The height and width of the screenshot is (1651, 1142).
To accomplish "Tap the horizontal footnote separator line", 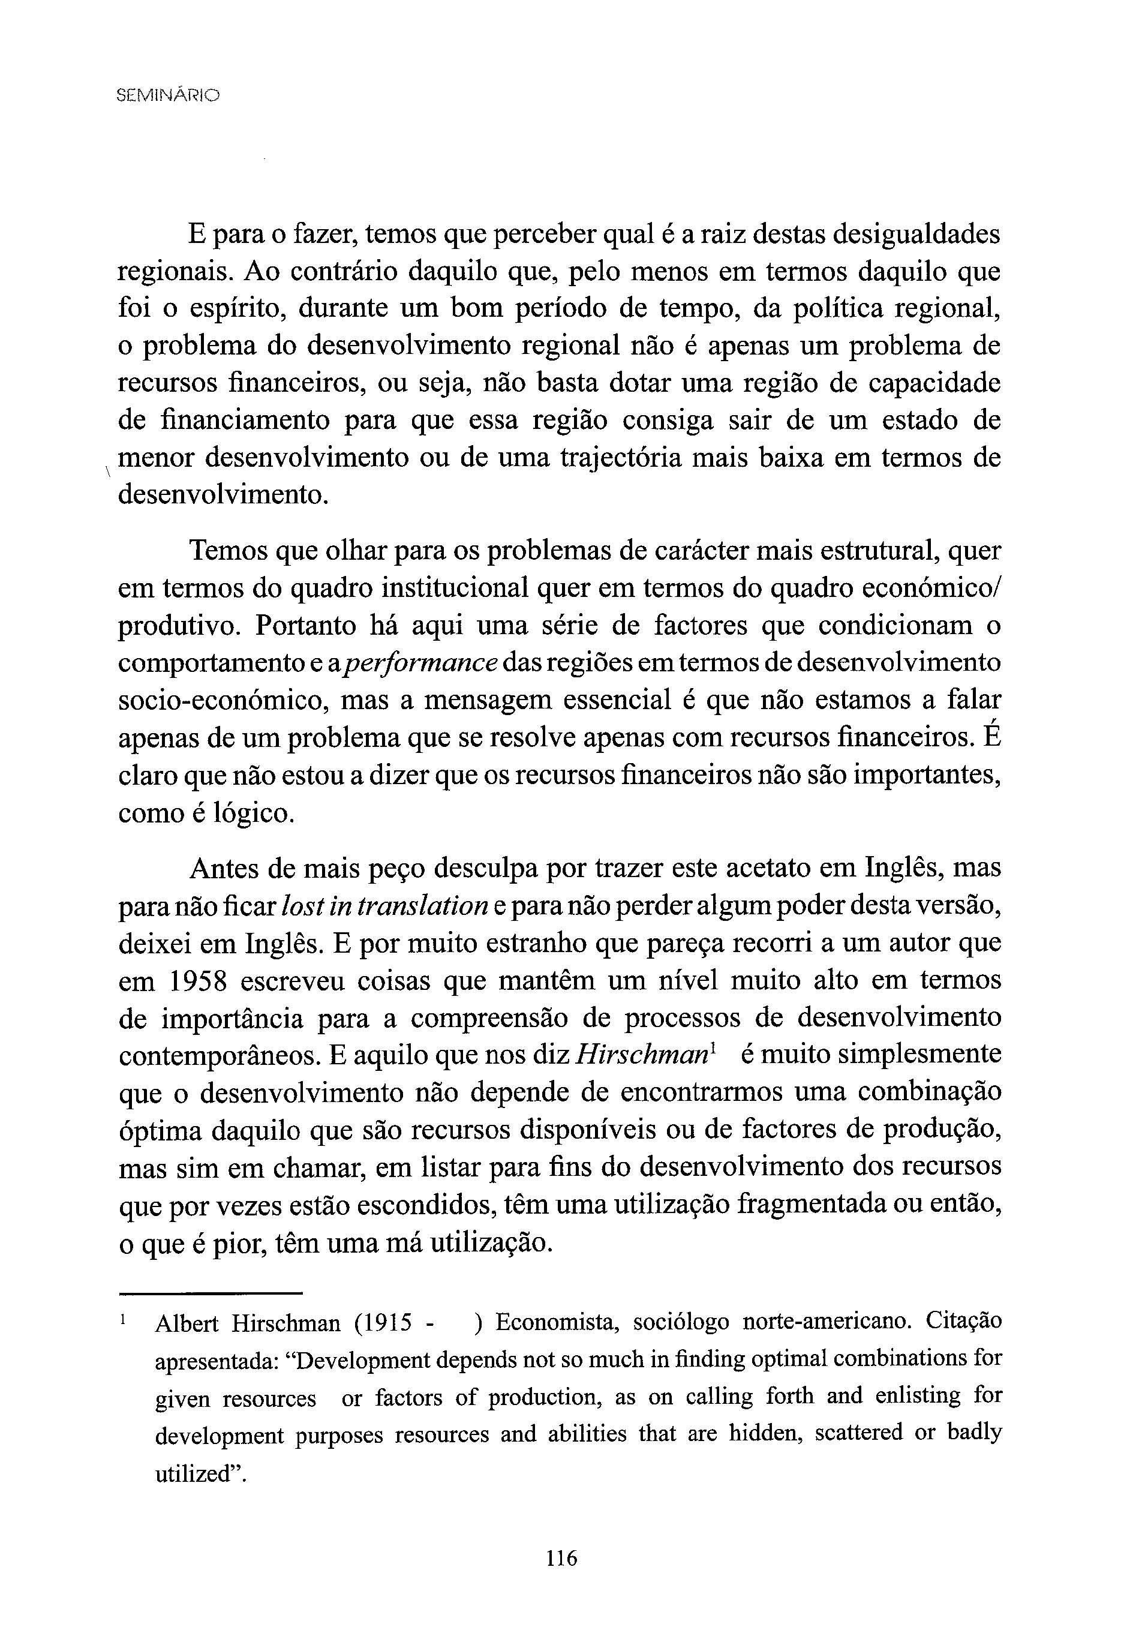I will point(211,1292).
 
